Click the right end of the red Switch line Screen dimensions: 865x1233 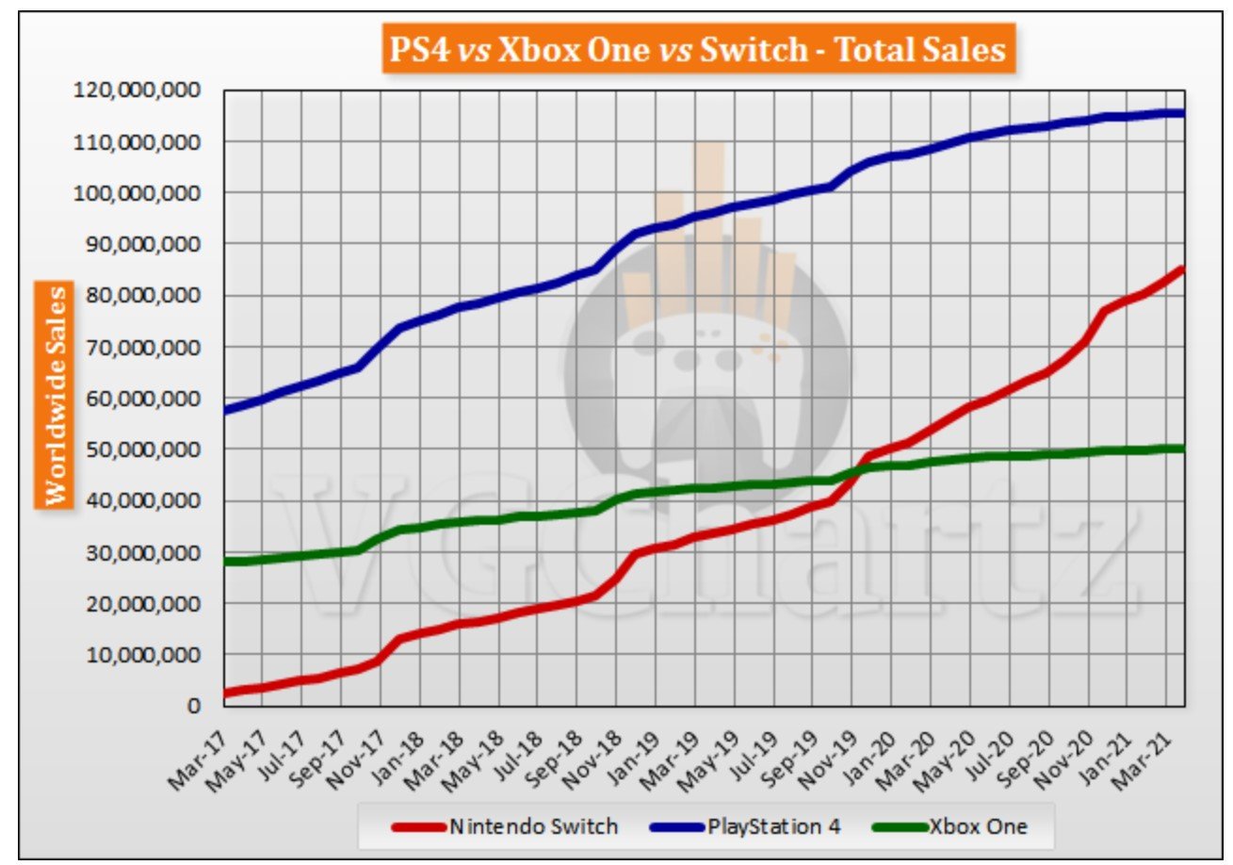point(1182,270)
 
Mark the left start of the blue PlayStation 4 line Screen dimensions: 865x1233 point(226,411)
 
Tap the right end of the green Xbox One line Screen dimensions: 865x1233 point(1182,449)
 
